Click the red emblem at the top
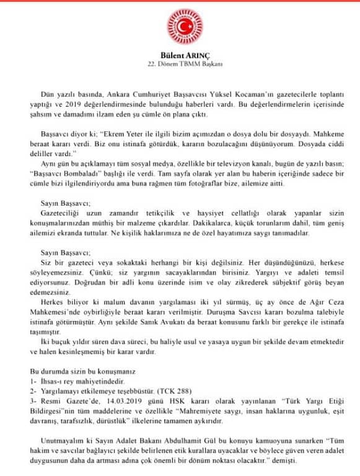click(x=180, y=29)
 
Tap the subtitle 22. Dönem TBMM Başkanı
click(x=180, y=65)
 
